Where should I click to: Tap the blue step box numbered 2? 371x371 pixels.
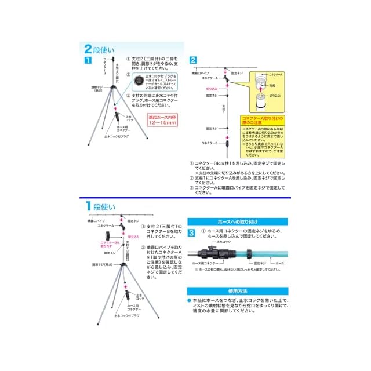pyautogui.click(x=193, y=60)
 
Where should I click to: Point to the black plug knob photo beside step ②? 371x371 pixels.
pyautogui.click(x=139, y=79)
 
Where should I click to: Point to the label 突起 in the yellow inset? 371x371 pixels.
pyautogui.click(x=272, y=85)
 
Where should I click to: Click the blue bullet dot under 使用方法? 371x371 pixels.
pyautogui.click(x=188, y=300)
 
